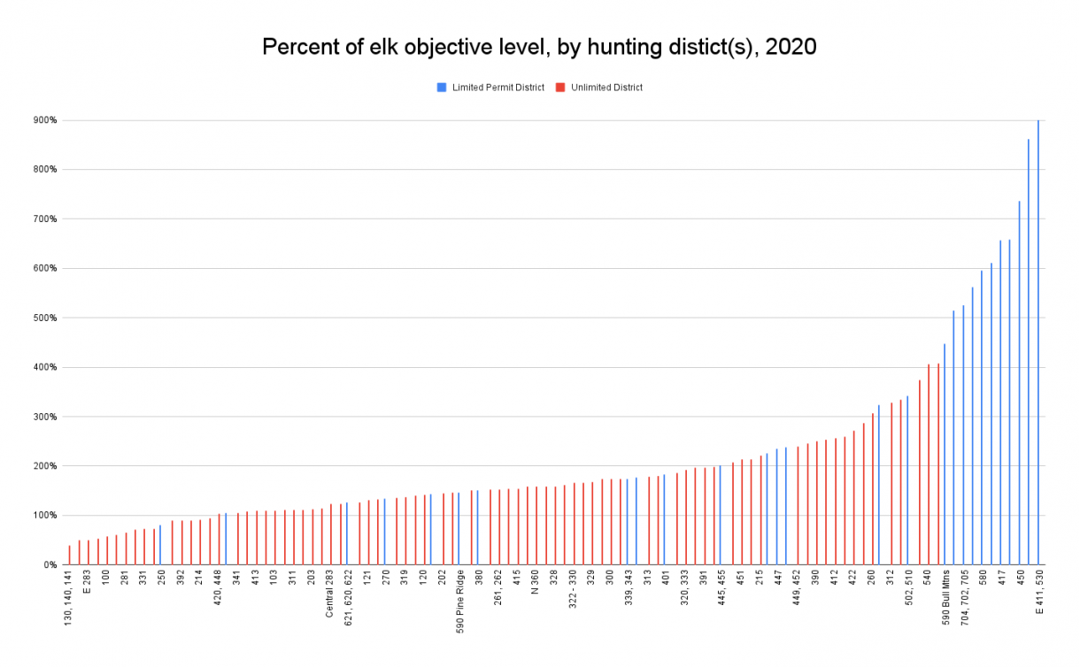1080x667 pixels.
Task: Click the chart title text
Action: [x=539, y=48]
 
